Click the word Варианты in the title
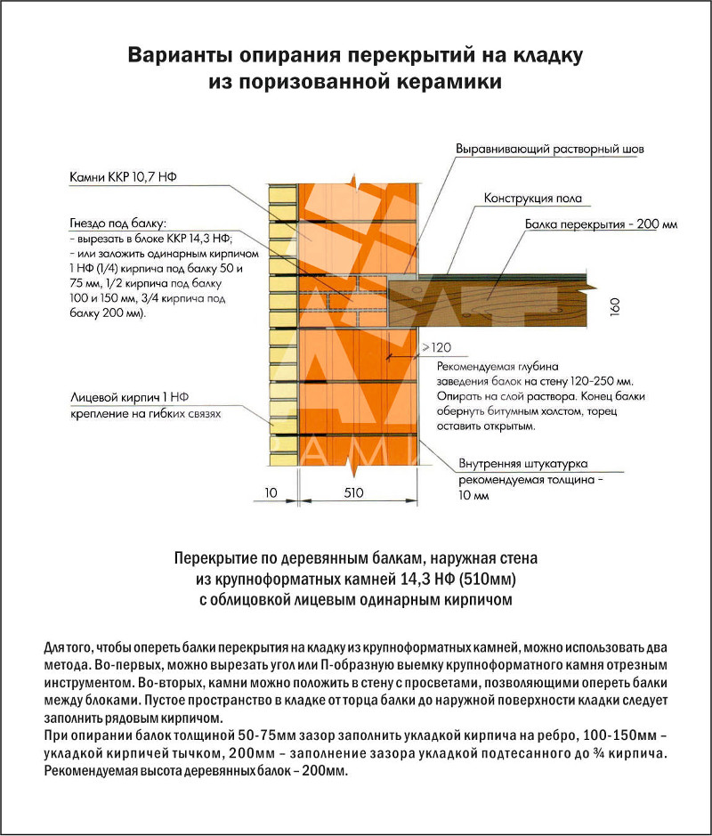pyautogui.click(x=178, y=56)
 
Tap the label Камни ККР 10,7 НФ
pyautogui.click(x=124, y=178)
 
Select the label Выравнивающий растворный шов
pyautogui.click(x=549, y=149)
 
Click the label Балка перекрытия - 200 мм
pyautogui.click(x=601, y=225)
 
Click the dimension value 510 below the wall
pyautogui.click(x=354, y=491)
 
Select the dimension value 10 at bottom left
pyautogui.click(x=271, y=491)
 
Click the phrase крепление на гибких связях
pyautogui.click(x=144, y=414)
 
